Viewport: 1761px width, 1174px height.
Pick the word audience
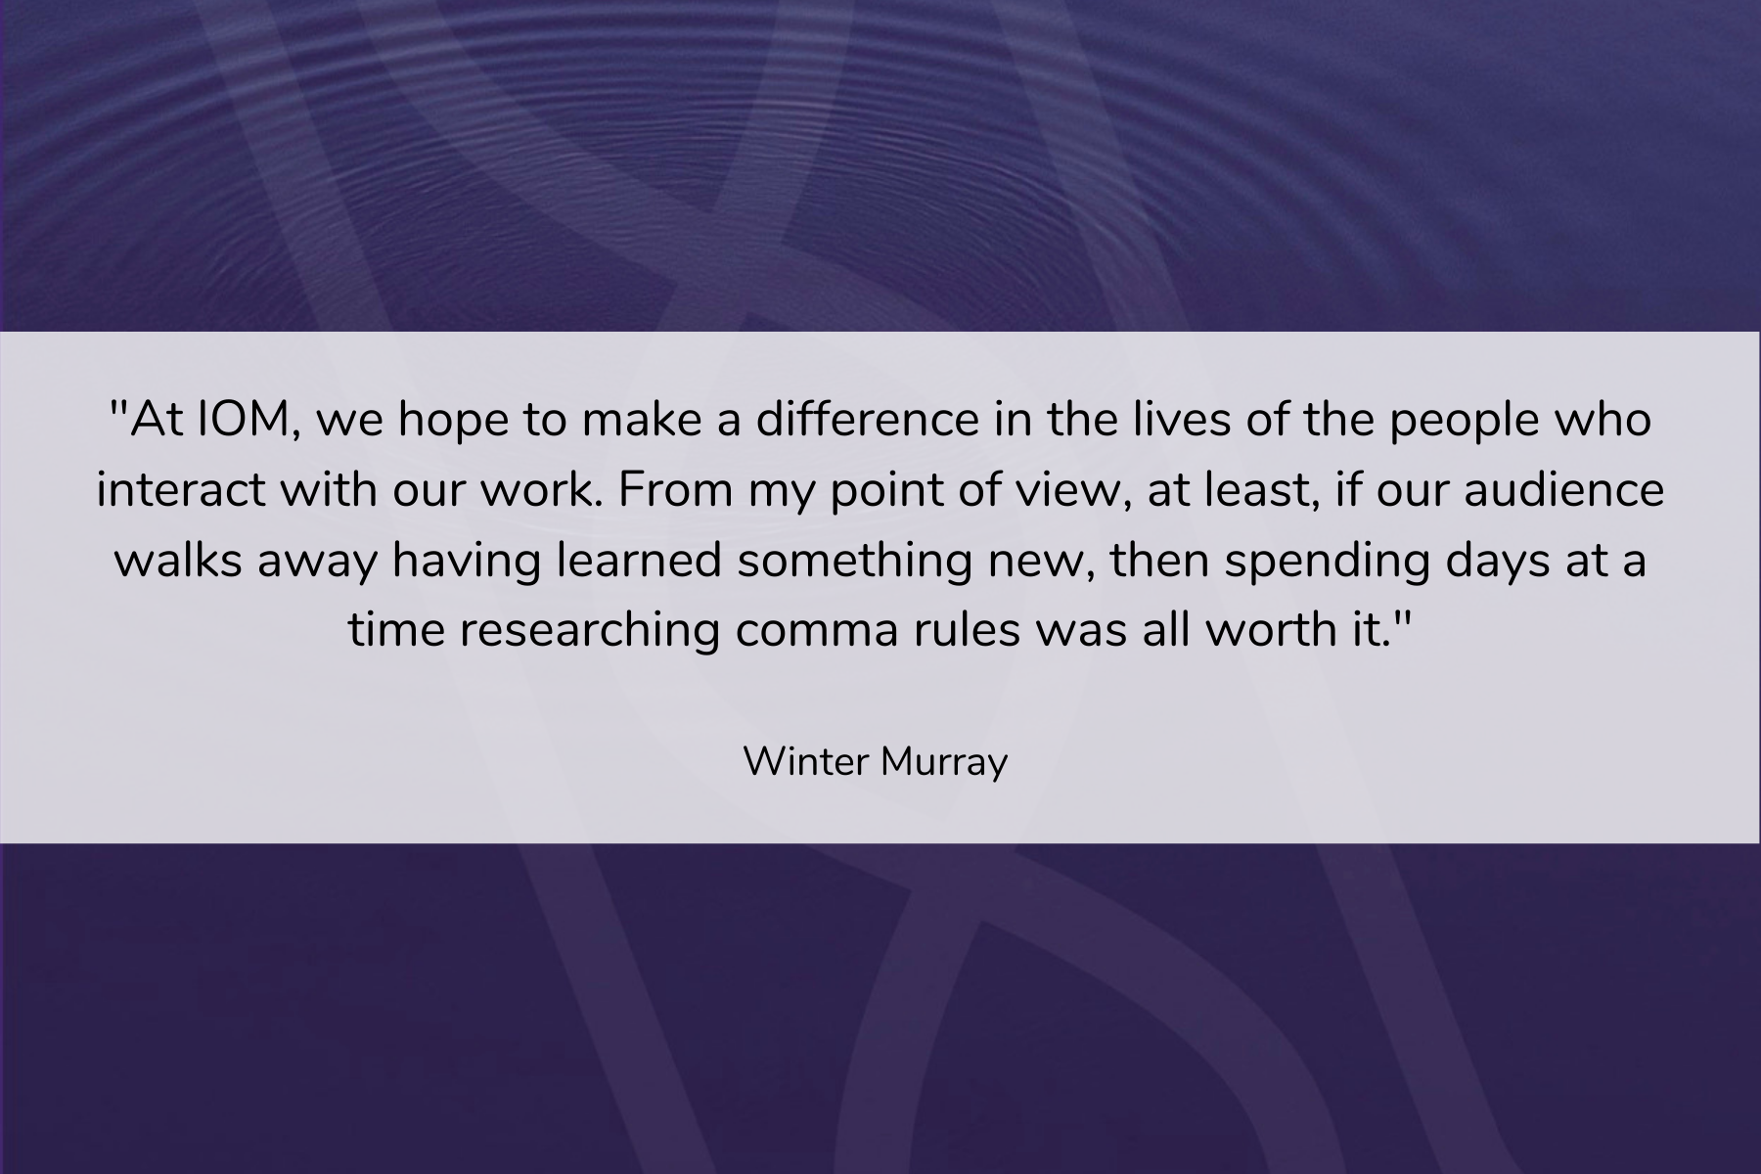point(1563,490)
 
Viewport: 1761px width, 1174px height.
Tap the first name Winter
point(803,761)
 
